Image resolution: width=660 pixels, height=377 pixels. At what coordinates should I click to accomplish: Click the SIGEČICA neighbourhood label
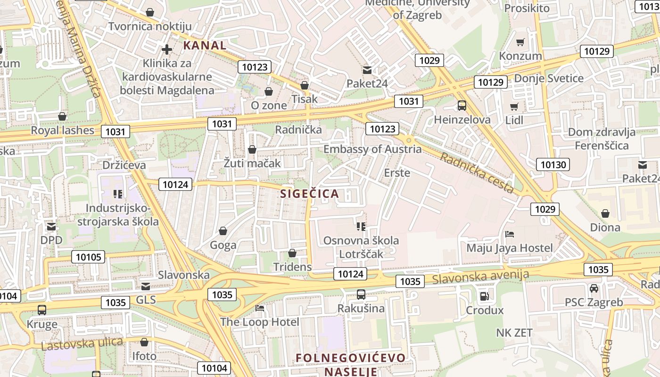click(x=310, y=194)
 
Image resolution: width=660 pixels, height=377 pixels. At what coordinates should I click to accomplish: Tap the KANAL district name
click(x=205, y=46)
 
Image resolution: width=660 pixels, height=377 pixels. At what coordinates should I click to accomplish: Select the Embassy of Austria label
click(x=372, y=149)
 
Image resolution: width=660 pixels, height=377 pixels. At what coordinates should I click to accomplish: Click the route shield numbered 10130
click(x=553, y=164)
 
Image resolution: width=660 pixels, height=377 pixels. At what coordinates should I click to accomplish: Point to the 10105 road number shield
click(x=88, y=257)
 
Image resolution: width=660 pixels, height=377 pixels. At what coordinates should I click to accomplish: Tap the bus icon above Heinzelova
click(x=462, y=106)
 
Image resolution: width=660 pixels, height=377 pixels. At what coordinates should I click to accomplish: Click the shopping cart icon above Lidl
click(x=514, y=107)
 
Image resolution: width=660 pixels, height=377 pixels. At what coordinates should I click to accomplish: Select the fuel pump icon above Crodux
click(x=484, y=296)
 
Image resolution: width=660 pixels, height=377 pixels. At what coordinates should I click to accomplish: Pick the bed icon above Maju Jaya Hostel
click(x=509, y=234)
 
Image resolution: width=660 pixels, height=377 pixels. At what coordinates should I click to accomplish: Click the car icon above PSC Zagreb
click(x=594, y=288)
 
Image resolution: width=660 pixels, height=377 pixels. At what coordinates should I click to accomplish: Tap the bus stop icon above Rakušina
click(x=361, y=295)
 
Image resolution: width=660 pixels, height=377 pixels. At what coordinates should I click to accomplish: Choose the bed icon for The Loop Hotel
click(x=260, y=308)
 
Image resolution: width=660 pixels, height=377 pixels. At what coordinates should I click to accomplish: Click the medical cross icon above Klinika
click(x=167, y=49)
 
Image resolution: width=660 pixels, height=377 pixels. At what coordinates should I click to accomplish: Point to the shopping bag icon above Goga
click(x=223, y=231)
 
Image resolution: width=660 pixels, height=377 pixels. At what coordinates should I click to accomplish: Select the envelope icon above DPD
click(x=51, y=227)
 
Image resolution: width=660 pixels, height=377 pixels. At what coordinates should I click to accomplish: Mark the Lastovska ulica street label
click(x=82, y=344)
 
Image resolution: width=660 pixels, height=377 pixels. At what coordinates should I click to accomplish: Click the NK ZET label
click(x=514, y=333)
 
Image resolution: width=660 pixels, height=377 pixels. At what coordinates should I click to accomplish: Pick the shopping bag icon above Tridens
click(x=292, y=253)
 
